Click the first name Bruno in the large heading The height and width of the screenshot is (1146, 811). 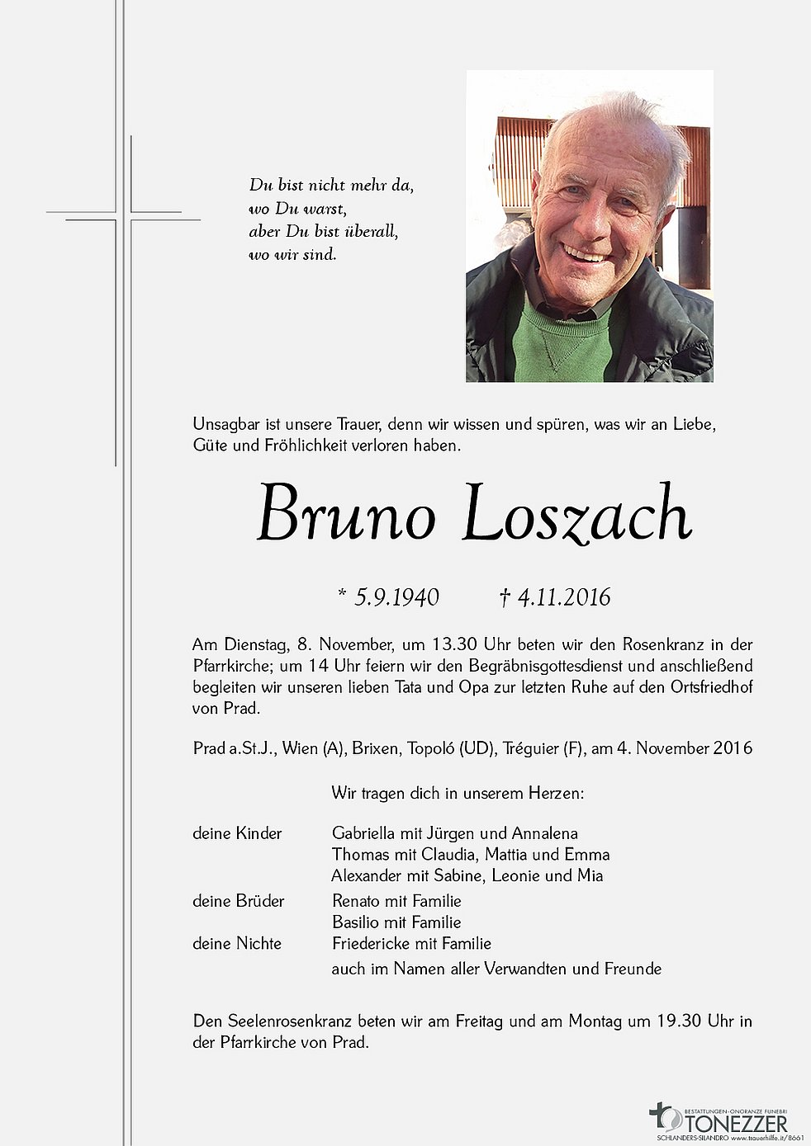click(x=345, y=514)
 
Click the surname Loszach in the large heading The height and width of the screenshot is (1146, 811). click(x=576, y=514)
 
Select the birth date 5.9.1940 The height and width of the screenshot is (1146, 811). click(x=396, y=597)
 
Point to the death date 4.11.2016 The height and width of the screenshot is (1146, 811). click(x=564, y=597)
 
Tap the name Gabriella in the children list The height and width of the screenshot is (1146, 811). click(x=368, y=833)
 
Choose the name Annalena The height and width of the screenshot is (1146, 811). click(x=544, y=833)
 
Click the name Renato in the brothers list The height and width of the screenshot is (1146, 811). click(x=358, y=901)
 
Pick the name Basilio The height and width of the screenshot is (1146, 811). click(x=359, y=922)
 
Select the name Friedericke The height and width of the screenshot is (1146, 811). click(x=373, y=943)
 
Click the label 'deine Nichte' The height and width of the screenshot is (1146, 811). click(x=237, y=943)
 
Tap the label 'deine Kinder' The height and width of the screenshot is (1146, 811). click(x=237, y=833)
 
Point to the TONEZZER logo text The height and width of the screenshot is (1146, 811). click(x=735, y=1124)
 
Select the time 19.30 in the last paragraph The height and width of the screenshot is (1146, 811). click(x=678, y=1021)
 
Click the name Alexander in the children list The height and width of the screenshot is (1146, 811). click(x=368, y=875)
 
